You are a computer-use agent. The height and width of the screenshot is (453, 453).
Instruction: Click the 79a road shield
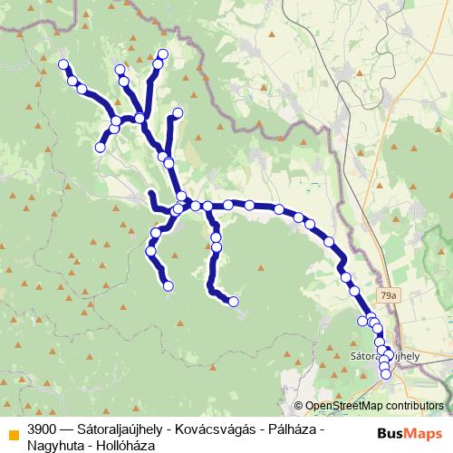pyautogui.click(x=390, y=295)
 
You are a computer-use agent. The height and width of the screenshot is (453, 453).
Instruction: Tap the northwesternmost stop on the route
pyautogui.click(x=64, y=64)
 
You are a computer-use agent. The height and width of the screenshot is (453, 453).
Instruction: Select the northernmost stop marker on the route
pyautogui.click(x=163, y=53)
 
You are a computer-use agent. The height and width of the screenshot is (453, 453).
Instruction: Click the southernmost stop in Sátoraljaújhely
pyautogui.click(x=385, y=373)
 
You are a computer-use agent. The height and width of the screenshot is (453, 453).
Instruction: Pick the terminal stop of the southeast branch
pyautogui.click(x=234, y=301)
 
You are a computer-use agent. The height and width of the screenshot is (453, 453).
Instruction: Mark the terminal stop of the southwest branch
pyautogui.click(x=169, y=286)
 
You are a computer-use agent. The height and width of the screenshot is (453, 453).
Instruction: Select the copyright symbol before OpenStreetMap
pyautogui.click(x=298, y=407)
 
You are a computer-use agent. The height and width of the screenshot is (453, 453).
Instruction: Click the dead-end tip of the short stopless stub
pyautogui.click(x=151, y=194)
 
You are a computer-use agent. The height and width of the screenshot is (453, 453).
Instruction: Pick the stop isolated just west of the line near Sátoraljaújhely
pyautogui.click(x=363, y=321)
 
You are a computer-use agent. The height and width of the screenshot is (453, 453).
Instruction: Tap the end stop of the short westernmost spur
pyautogui.click(x=101, y=146)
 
